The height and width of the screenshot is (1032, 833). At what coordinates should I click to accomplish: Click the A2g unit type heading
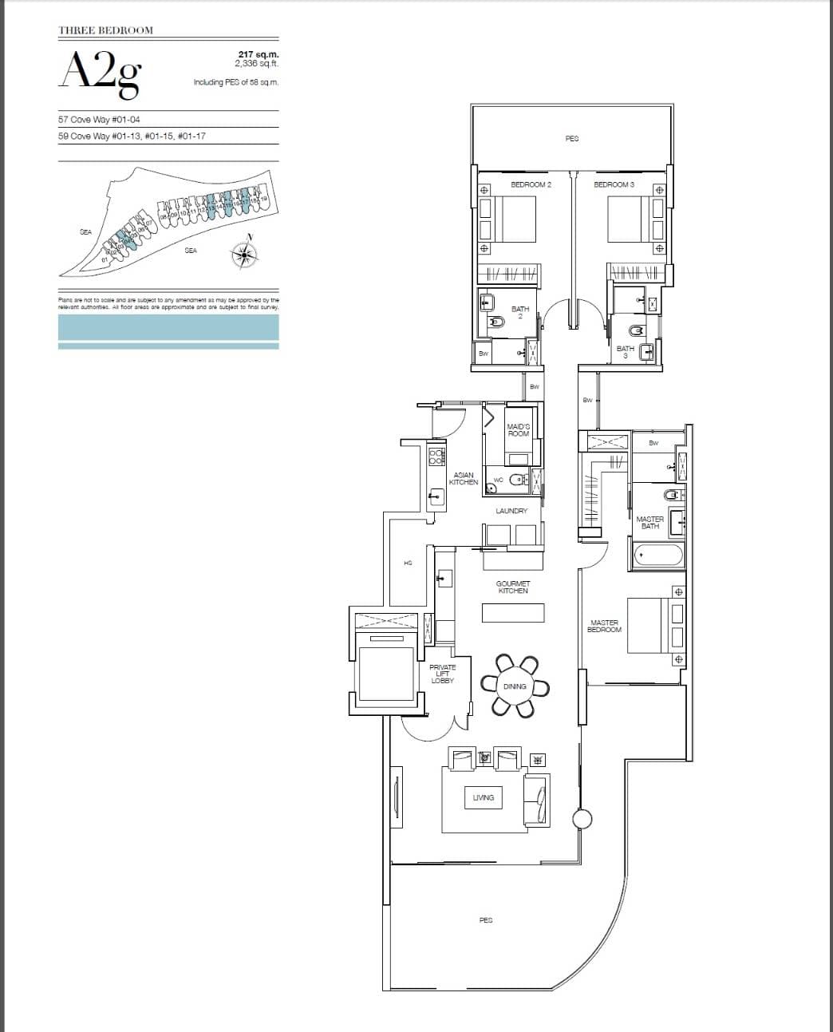pyautogui.click(x=101, y=73)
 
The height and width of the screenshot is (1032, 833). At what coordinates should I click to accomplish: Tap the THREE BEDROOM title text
pyautogui.click(x=105, y=30)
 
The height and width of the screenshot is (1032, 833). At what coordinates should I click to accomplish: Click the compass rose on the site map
pyautogui.click(x=244, y=253)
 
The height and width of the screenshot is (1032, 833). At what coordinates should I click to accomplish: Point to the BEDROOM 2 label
pyautogui.click(x=531, y=184)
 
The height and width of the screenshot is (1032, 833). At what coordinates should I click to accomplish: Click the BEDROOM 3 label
pyautogui.click(x=614, y=184)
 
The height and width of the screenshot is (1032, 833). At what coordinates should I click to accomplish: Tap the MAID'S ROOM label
pyautogui.click(x=519, y=430)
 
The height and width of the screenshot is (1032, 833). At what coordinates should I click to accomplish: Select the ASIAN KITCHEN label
pyautogui.click(x=464, y=479)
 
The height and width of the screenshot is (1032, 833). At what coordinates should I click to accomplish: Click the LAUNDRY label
pyautogui.click(x=511, y=511)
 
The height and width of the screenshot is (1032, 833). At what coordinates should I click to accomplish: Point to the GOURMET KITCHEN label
pyautogui.click(x=513, y=587)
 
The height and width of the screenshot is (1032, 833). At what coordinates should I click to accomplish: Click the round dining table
pyautogui.click(x=515, y=686)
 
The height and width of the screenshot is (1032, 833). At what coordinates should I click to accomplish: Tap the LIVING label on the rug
pyautogui.click(x=484, y=797)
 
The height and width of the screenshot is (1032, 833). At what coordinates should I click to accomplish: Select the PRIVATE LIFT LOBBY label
pyautogui.click(x=442, y=674)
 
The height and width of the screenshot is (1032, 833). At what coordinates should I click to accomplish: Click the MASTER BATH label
pyautogui.click(x=649, y=523)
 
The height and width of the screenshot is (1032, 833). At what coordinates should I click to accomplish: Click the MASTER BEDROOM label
pyautogui.click(x=604, y=627)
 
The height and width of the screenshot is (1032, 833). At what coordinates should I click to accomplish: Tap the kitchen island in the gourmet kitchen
pyautogui.click(x=513, y=613)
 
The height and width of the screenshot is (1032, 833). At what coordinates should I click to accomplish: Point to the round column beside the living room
pyautogui.click(x=582, y=819)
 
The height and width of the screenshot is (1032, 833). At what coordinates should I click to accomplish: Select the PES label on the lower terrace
pyautogui.click(x=485, y=920)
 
